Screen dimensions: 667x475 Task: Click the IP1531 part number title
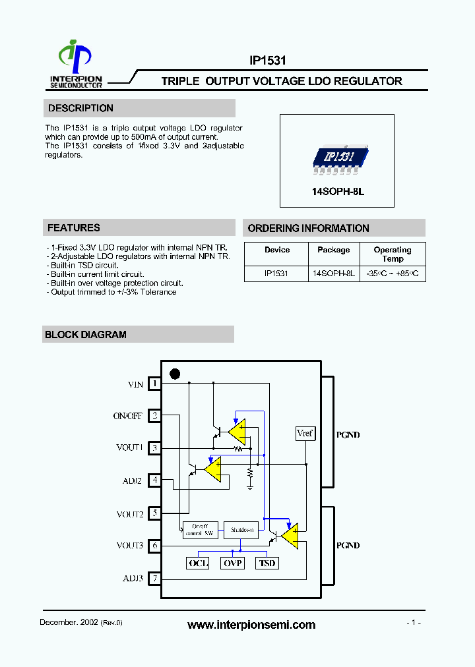(267, 61)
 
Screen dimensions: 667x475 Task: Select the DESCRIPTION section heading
(80, 108)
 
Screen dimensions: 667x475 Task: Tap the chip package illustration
(337, 158)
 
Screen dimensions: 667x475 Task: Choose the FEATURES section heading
(74, 228)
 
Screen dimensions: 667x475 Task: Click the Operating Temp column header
(392, 254)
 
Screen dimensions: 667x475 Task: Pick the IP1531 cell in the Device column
(276, 273)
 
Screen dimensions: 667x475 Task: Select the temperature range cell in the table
(393, 273)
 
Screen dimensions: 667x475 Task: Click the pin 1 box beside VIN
(154, 384)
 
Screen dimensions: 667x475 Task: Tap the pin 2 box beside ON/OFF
(154, 416)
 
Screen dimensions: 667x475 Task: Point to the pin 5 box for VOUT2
(154, 513)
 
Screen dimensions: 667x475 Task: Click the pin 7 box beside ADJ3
(154, 579)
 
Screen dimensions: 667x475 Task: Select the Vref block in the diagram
(305, 433)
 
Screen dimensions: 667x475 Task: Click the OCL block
(199, 563)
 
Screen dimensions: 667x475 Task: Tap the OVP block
(232, 563)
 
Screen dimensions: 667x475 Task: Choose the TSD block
(267, 563)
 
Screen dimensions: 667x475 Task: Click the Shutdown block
(241, 530)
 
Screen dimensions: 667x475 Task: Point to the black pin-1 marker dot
(175, 374)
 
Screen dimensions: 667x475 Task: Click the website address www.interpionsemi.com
(251, 625)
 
